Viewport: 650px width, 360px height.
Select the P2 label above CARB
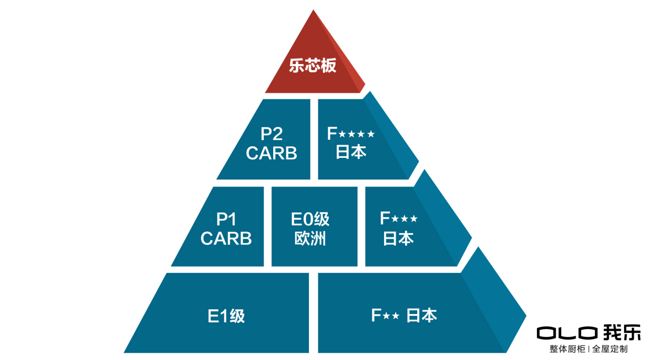271,134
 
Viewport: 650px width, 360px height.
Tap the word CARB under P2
271,153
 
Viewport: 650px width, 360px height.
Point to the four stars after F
356,134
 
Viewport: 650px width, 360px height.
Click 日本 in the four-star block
351,152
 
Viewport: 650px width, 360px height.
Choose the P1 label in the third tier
226,219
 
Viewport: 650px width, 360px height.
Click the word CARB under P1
226,239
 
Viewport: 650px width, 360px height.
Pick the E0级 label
310,219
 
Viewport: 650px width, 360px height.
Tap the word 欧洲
310,239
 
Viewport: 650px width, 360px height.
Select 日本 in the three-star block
398,239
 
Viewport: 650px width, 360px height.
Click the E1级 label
226,316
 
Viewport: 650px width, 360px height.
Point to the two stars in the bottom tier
391,316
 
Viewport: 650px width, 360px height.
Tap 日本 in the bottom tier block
422,316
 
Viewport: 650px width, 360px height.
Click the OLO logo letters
567,333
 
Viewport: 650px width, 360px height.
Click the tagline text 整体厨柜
567,349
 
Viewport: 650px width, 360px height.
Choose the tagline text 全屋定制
610,349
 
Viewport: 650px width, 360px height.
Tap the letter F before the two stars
376,316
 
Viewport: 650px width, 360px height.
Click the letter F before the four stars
332,134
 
